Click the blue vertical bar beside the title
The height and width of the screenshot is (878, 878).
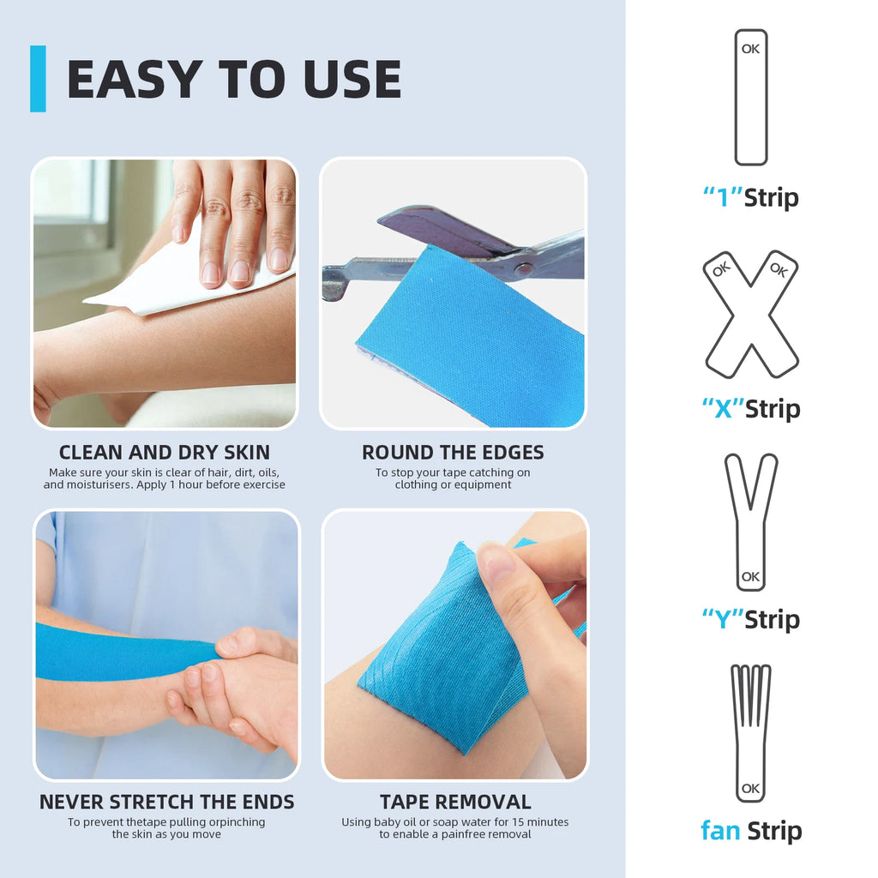click(x=38, y=79)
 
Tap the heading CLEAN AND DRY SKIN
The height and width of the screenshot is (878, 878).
click(x=164, y=452)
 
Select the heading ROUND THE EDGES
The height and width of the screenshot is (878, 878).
click(x=453, y=452)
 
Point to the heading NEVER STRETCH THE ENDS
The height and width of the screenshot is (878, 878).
click(x=166, y=802)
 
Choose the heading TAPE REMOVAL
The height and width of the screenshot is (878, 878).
click(x=455, y=802)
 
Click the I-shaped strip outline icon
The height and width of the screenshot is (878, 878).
click(x=750, y=97)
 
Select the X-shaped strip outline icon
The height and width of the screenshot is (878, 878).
click(x=751, y=315)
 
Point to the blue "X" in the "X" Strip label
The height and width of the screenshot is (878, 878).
click(x=722, y=409)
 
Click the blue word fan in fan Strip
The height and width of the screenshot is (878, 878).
click(x=720, y=830)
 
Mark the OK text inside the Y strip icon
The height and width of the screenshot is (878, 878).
click(x=750, y=576)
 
